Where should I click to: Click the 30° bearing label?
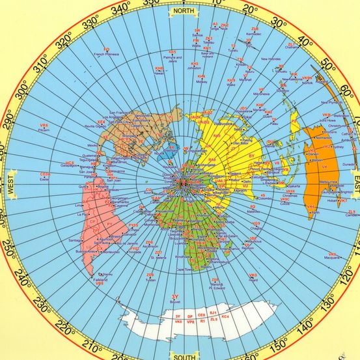(281, 22)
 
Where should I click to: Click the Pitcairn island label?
(44, 130)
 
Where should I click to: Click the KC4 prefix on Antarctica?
(225, 316)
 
